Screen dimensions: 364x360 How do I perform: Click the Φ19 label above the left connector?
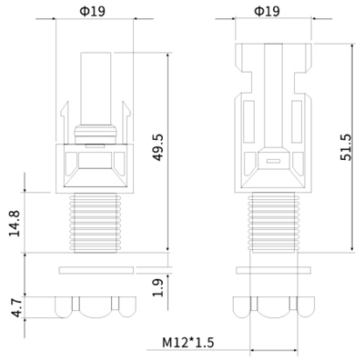tap(93, 12)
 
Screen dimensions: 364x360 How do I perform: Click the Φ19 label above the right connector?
tap(268, 12)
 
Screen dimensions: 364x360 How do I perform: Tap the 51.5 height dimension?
tap(346, 147)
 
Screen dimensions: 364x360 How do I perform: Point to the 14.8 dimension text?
tap(14, 224)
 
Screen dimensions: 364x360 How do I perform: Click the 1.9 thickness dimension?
tap(157, 287)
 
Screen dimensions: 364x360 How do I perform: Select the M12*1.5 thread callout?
tap(188, 343)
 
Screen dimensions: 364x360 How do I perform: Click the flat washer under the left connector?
tap(96, 270)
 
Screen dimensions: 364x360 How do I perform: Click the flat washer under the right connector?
tap(273, 270)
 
